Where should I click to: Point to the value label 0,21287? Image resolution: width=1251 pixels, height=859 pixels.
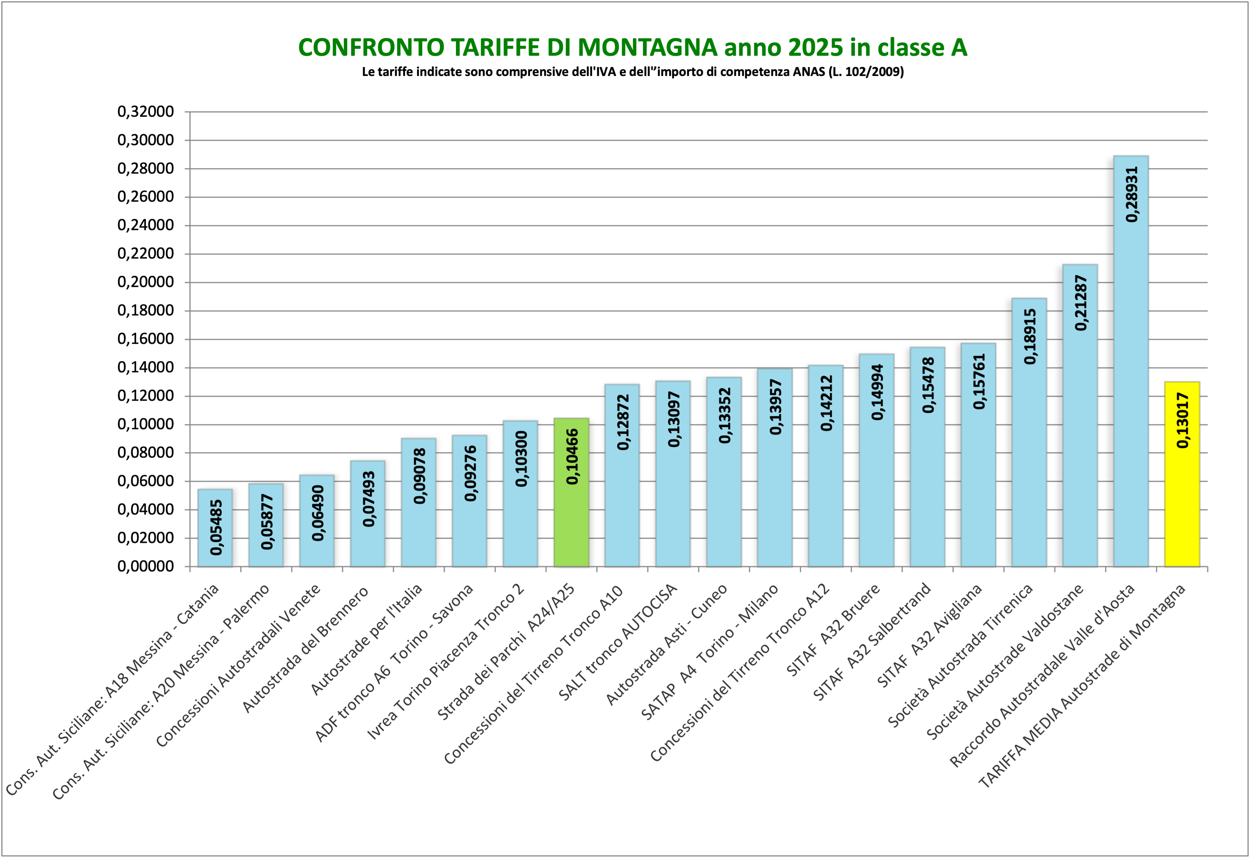pos(1080,303)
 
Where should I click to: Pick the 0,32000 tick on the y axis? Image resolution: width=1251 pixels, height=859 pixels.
pos(146,111)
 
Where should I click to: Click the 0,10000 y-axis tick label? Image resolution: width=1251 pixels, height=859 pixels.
pos(146,424)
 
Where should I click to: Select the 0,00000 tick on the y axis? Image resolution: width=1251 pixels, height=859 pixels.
pos(146,566)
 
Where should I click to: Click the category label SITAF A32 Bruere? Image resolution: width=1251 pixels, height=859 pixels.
pos(833,630)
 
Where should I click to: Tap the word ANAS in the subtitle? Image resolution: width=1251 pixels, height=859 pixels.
pos(809,71)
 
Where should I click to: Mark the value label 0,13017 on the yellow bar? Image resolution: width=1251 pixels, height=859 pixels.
pos(1183,420)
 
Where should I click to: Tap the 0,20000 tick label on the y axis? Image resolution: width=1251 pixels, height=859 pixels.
pos(146,282)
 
